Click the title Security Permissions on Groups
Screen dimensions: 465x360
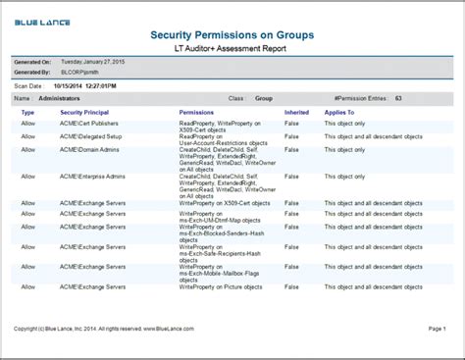[x=232, y=34]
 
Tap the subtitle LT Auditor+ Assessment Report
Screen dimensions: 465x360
[x=232, y=48]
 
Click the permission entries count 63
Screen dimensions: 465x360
[x=398, y=98]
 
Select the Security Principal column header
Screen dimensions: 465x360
[x=86, y=112]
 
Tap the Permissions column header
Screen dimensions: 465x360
[x=202, y=112]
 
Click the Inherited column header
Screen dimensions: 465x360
[x=296, y=112]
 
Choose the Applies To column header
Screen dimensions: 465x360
[x=340, y=112]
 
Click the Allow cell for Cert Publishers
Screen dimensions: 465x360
[x=27, y=124]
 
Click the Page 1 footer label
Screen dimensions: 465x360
[x=438, y=328]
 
